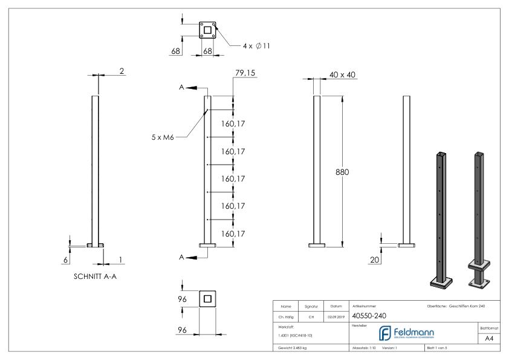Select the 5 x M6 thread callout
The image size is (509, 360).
pos(163,137)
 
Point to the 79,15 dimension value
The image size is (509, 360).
pos(245,73)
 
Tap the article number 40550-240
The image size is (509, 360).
pos(369,315)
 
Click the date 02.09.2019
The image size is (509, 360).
pos(336,316)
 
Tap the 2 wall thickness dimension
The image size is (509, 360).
pos(122,71)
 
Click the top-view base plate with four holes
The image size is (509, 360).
pos(207,30)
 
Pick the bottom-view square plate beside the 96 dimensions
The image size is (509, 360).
pos(207,299)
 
